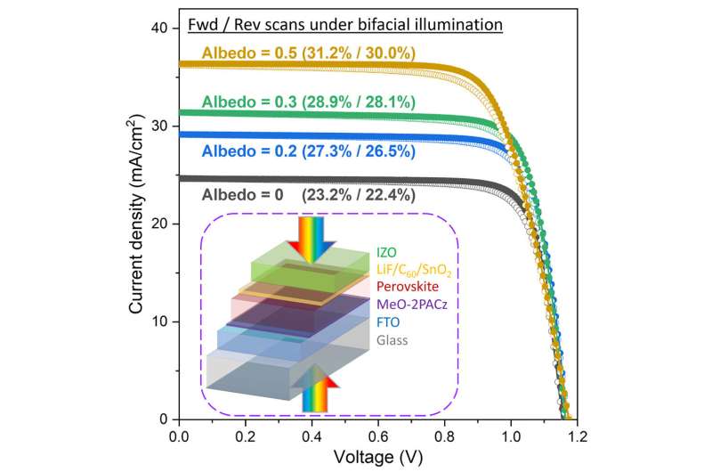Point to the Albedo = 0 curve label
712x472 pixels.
308,195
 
